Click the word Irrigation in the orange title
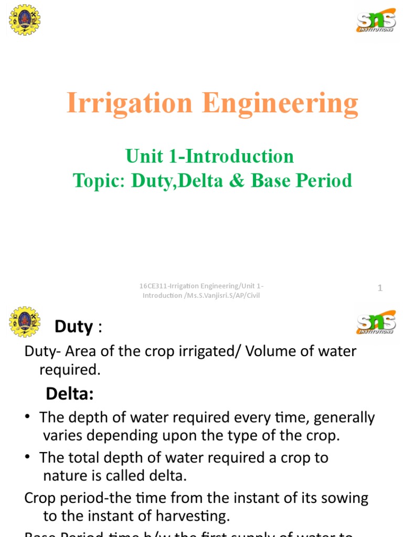[130, 103]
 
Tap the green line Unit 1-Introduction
[209, 156]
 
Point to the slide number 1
[380, 287]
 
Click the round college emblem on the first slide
[25, 20]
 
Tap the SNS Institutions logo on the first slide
[375, 20]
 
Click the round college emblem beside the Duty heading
[25, 322]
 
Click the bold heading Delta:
[69, 393]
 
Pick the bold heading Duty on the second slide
[73, 327]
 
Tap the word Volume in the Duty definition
[270, 351]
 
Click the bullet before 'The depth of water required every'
[28, 417]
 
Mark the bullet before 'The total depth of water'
[28, 458]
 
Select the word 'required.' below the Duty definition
[70, 370]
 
